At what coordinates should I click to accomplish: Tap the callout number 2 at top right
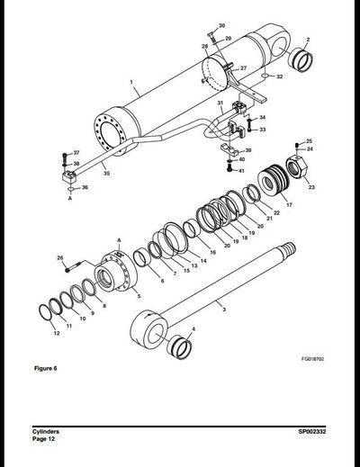[308, 40]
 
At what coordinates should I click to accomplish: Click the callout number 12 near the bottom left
[57, 333]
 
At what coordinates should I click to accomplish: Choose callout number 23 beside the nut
[311, 187]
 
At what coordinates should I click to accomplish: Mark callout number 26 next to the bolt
[60, 259]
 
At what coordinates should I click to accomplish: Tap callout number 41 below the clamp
[240, 170]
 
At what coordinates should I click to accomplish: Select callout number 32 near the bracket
[280, 77]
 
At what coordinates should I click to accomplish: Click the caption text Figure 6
[45, 369]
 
